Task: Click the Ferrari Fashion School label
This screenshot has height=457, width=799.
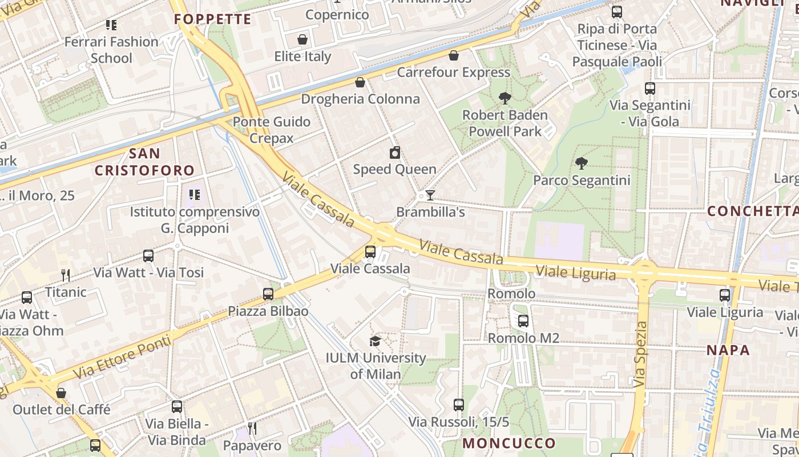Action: [111, 50]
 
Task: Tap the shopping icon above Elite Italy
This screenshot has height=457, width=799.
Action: [302, 39]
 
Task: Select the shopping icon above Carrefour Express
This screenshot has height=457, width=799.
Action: [454, 55]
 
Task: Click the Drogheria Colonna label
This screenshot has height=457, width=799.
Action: [360, 99]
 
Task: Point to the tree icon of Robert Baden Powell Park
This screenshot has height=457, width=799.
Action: [505, 98]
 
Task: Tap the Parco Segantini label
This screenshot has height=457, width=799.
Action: [582, 181]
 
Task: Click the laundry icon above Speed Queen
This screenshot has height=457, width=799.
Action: [394, 153]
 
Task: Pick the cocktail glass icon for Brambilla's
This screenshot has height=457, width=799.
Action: [430, 195]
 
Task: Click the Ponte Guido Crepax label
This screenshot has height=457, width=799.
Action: [272, 130]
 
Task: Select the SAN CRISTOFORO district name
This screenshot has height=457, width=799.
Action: [144, 162]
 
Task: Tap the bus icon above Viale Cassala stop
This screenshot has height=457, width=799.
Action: [370, 251]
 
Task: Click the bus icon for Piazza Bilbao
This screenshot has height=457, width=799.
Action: [268, 294]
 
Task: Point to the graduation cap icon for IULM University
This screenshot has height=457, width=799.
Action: [375, 341]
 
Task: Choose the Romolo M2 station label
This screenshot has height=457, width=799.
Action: [523, 338]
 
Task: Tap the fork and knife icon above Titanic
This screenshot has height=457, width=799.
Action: [66, 275]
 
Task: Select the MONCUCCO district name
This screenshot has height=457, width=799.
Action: [509, 443]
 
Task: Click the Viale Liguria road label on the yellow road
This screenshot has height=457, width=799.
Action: [576, 272]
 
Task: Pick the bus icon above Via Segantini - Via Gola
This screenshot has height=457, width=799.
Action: [650, 89]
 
